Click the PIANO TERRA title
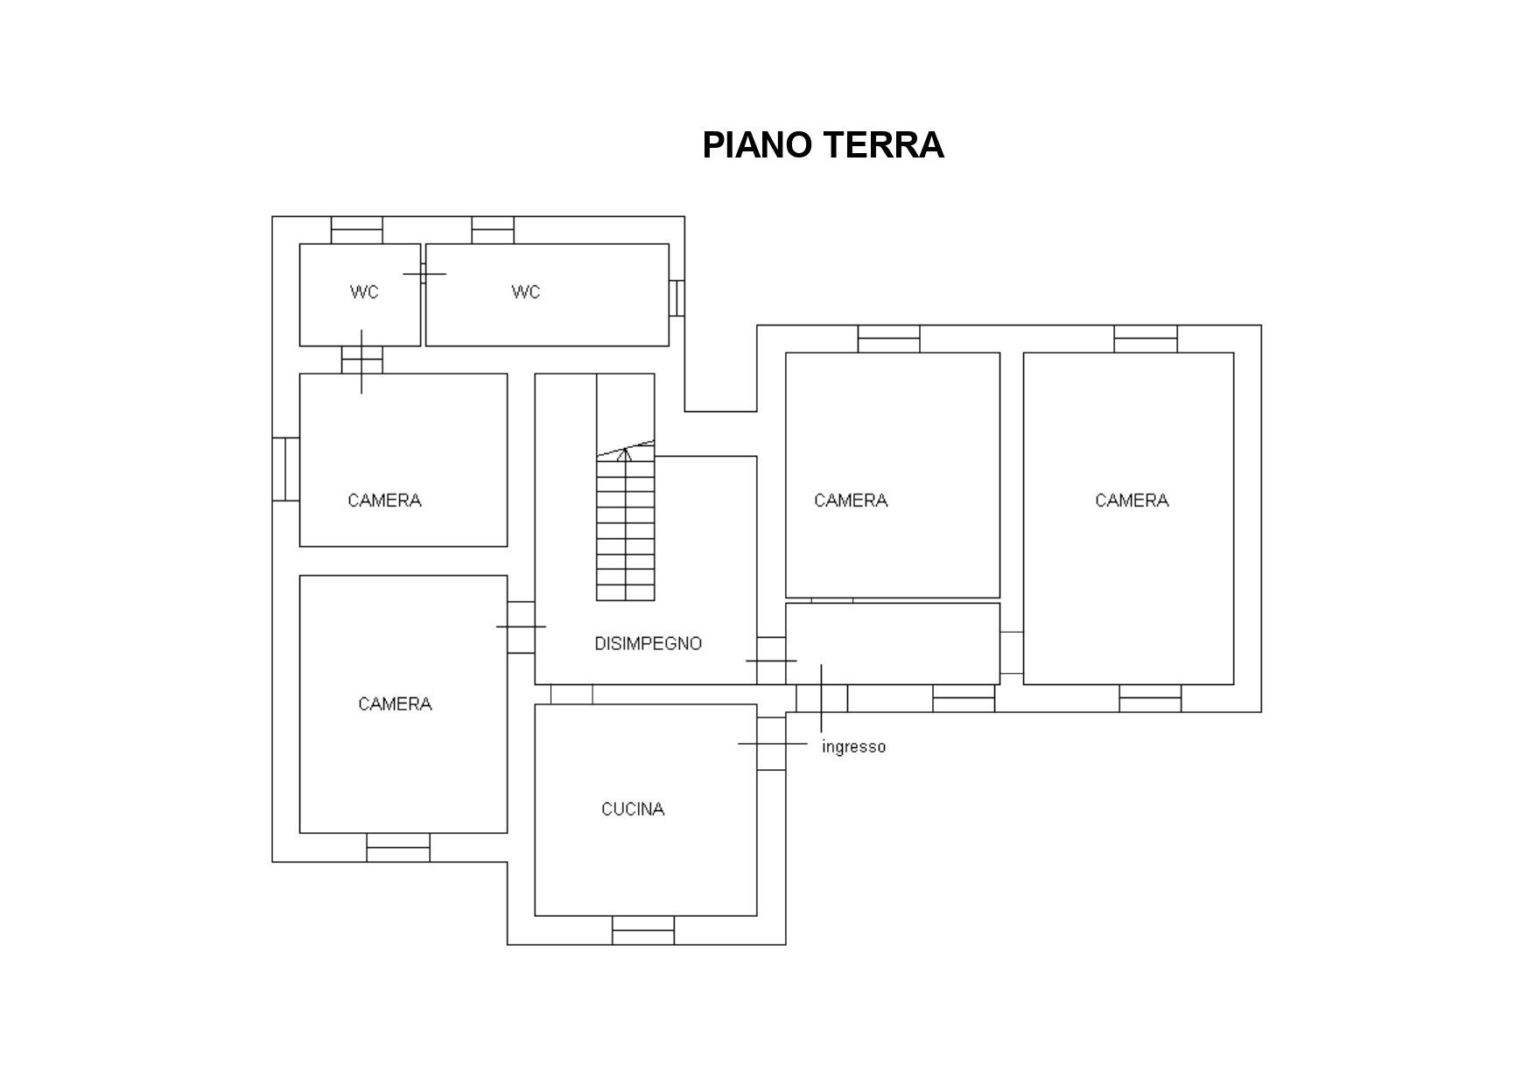823,145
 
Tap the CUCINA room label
633,809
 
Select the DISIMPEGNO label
648,644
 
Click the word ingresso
853,747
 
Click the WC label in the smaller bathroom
364,292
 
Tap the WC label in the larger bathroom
526,292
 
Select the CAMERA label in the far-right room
1132,500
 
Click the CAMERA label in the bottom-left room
395,704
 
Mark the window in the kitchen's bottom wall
643,930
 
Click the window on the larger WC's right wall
677,297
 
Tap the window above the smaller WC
357,230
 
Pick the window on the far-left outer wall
286,469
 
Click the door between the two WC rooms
424,274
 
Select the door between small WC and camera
361,360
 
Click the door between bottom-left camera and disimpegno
522,627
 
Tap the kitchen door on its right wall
771,744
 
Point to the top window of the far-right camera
1146,339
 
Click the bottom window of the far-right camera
1150,698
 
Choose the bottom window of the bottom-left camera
398,848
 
